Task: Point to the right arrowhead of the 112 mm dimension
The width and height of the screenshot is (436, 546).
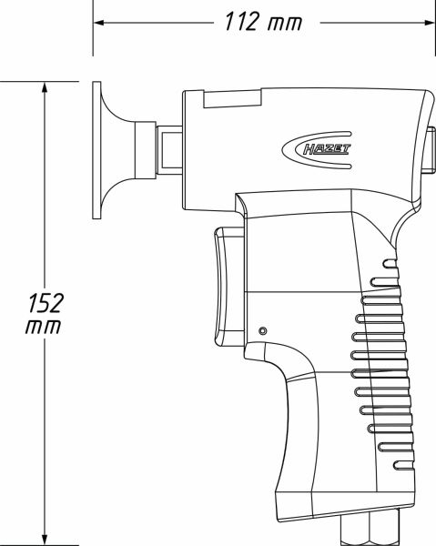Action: (x=426, y=22)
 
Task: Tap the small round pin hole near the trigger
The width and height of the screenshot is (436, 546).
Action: (x=262, y=330)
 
